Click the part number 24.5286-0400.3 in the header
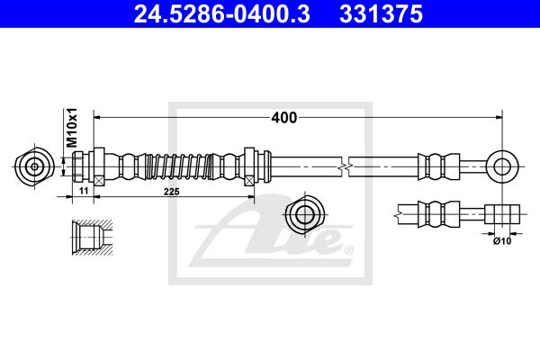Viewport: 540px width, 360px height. click(221, 14)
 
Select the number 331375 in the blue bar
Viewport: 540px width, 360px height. click(381, 14)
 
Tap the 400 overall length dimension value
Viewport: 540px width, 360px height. click(284, 118)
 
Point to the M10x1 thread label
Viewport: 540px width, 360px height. click(72, 128)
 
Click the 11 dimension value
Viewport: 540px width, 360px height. click(84, 191)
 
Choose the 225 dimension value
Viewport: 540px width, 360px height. click(172, 192)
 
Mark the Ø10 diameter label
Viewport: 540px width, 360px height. click(502, 241)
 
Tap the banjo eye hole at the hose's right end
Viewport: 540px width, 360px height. click(502, 166)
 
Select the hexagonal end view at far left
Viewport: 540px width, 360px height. click(34, 166)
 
